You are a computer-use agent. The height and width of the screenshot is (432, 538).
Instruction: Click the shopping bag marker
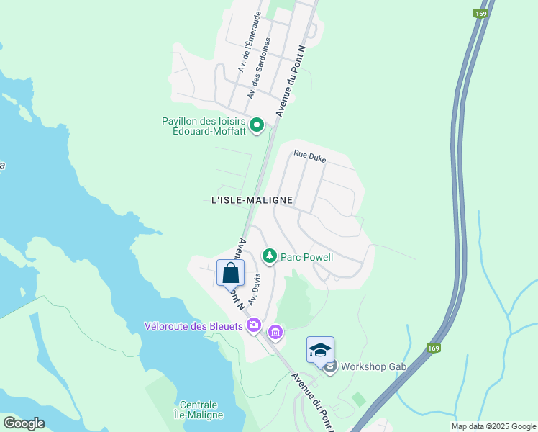(230, 274)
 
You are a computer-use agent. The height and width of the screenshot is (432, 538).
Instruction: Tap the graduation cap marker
(320, 351)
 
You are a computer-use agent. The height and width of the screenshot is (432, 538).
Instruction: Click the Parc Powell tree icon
(270, 255)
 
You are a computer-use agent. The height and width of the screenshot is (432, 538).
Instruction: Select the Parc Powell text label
(307, 257)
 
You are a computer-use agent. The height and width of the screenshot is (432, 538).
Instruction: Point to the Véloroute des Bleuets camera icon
(253, 327)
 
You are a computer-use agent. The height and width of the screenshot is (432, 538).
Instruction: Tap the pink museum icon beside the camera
(275, 333)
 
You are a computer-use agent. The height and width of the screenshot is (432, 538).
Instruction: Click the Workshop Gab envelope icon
(330, 367)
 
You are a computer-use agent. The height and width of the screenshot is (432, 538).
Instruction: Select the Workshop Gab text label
(374, 367)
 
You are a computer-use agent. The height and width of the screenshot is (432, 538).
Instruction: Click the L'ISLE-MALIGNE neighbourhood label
(252, 199)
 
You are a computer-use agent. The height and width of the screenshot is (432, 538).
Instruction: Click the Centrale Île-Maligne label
(199, 409)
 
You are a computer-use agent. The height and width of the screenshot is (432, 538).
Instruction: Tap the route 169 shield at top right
(479, 13)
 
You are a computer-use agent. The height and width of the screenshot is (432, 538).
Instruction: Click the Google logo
(24, 423)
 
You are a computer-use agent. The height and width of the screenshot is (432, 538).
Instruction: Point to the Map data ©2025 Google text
(493, 426)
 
